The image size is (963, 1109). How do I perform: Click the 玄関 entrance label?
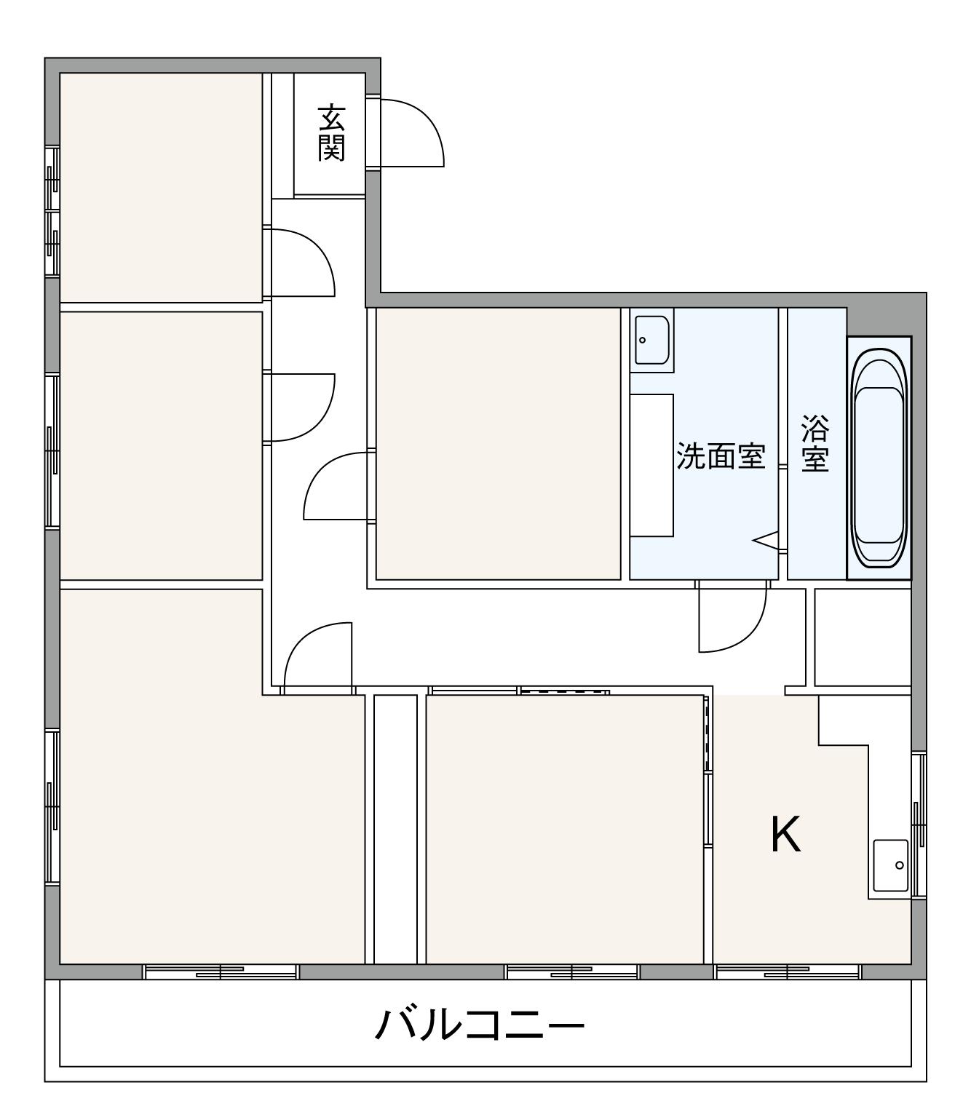pos(331,133)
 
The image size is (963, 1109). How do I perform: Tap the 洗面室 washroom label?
pos(721,456)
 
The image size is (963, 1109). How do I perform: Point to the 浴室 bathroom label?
pos(815,444)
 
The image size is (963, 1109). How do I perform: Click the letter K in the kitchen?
pos(786,835)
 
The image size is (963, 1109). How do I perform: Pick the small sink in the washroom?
pos(651,339)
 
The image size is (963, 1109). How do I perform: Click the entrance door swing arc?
pos(411,131)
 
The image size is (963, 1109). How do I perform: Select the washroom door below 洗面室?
pos(732,619)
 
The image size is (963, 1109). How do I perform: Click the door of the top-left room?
pos(302,262)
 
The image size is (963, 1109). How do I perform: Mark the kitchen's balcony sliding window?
pos(788,971)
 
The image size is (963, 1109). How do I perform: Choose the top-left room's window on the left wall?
pos(52,211)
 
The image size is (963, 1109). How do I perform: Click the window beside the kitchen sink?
pos(919,826)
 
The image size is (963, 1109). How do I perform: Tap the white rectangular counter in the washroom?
pos(651,466)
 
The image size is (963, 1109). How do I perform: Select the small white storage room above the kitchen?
pos(863,637)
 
